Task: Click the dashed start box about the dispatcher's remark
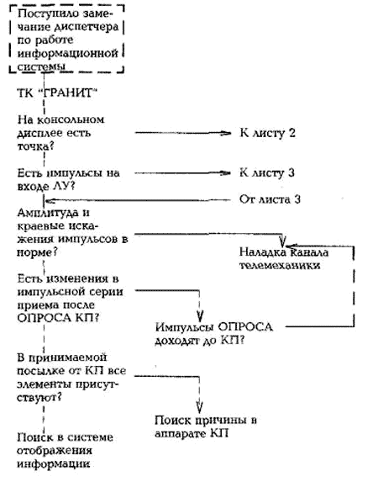(x=66, y=6)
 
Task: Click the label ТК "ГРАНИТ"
(x=57, y=93)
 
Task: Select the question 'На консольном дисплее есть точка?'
(x=60, y=133)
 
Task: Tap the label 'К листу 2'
(x=267, y=133)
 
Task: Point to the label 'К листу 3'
(x=267, y=172)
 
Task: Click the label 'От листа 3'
(x=270, y=199)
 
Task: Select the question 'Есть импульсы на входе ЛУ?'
(x=68, y=179)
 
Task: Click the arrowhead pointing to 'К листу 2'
(x=227, y=133)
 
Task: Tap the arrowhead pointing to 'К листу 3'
(x=227, y=173)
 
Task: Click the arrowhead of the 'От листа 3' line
(x=49, y=201)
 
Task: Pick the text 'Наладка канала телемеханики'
(x=284, y=258)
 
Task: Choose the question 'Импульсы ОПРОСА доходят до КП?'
(x=213, y=333)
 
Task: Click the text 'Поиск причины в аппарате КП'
(x=206, y=426)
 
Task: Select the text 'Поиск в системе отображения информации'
(x=65, y=450)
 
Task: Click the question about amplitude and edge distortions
(x=72, y=232)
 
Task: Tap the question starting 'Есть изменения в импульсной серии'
(x=70, y=298)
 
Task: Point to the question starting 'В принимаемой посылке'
(x=71, y=378)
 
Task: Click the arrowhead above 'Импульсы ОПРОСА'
(x=200, y=316)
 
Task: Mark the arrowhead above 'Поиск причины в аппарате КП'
(x=200, y=407)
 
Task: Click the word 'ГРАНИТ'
(x=69, y=93)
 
